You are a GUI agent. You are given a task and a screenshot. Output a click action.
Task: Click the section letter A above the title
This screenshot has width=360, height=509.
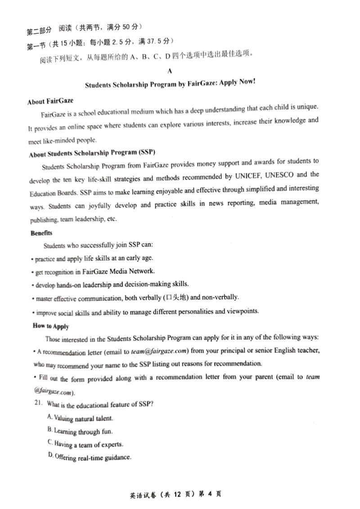tap(169, 71)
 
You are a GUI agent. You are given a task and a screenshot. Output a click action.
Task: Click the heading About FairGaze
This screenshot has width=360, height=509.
tap(50, 101)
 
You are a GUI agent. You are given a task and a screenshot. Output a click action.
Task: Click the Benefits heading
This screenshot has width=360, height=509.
tap(41, 233)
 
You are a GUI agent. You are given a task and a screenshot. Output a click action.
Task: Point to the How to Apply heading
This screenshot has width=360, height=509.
tap(51, 326)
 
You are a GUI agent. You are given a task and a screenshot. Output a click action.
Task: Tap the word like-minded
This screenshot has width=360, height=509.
tap(58, 141)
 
